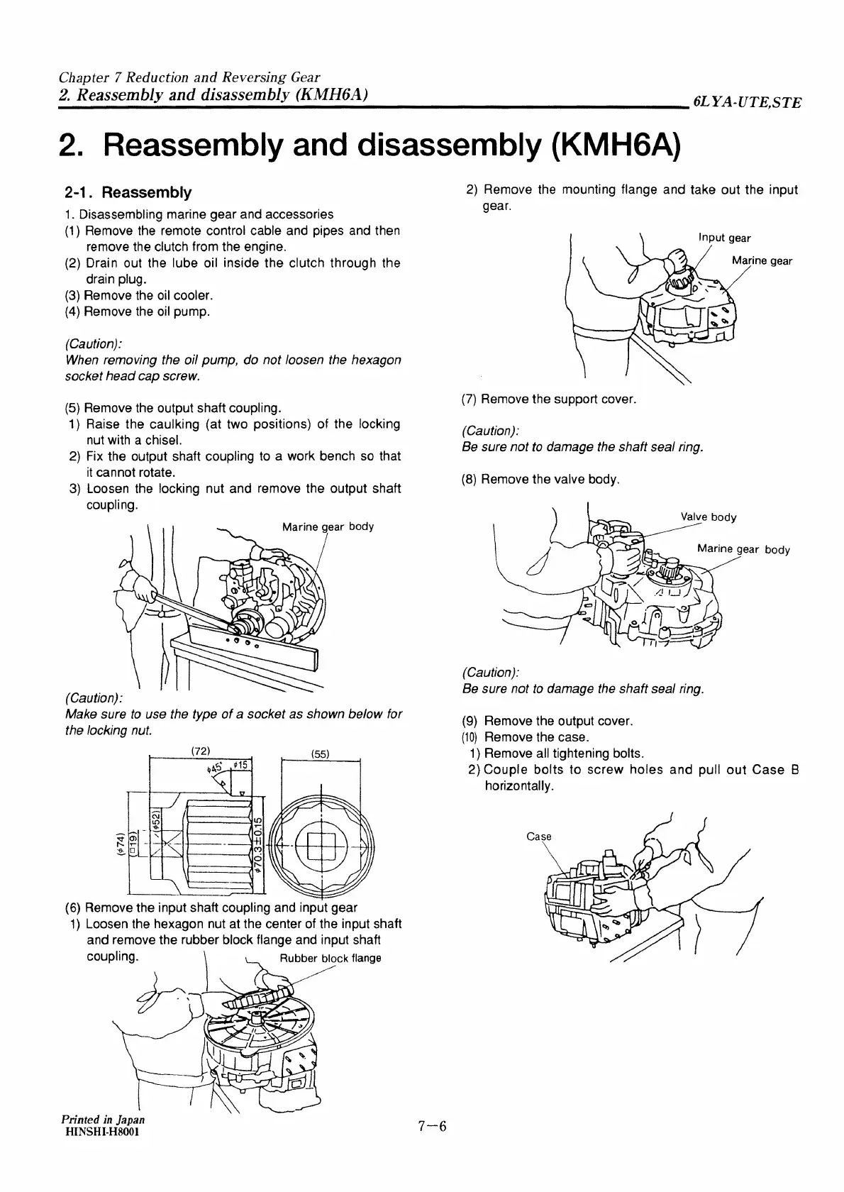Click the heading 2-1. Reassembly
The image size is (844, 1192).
pyautogui.click(x=128, y=192)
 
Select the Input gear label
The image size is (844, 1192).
pyautogui.click(x=724, y=238)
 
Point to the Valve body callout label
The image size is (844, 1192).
pyautogui.click(x=708, y=517)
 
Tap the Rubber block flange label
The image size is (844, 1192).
pyautogui.click(x=331, y=958)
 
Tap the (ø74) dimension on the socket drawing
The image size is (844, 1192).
pyautogui.click(x=121, y=843)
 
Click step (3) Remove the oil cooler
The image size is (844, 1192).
pyautogui.click(x=138, y=295)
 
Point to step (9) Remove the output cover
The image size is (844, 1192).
pyautogui.click(x=546, y=721)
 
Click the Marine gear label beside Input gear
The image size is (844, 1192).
pyautogui.click(x=762, y=260)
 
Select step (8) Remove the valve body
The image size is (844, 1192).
pyautogui.click(x=540, y=479)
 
